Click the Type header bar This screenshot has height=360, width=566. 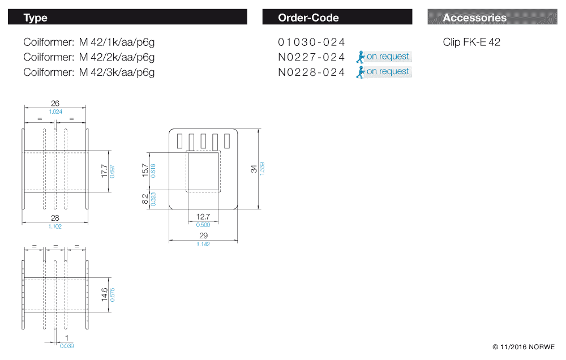(127, 18)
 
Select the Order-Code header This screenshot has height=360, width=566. (337, 18)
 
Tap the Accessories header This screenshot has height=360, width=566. (492, 18)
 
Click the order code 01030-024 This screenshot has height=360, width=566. (311, 42)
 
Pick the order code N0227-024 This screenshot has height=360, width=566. (311, 57)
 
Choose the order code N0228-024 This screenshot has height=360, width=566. (311, 72)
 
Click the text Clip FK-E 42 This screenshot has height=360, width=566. (471, 42)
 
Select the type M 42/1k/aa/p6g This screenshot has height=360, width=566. (117, 42)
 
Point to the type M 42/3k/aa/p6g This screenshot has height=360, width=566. (117, 72)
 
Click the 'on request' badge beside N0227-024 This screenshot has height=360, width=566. (383, 57)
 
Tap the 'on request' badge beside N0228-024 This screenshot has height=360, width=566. (383, 72)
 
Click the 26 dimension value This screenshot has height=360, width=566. (55, 104)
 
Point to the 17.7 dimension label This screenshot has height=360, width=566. (104, 172)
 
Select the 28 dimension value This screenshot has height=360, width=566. (55, 218)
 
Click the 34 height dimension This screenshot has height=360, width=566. (254, 168)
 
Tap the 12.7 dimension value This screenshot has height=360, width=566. (203, 217)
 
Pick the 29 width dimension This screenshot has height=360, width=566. (203, 235)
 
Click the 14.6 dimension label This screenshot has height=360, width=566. (104, 295)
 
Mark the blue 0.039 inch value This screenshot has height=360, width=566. (67, 345)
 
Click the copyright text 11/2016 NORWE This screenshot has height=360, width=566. (524, 346)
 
